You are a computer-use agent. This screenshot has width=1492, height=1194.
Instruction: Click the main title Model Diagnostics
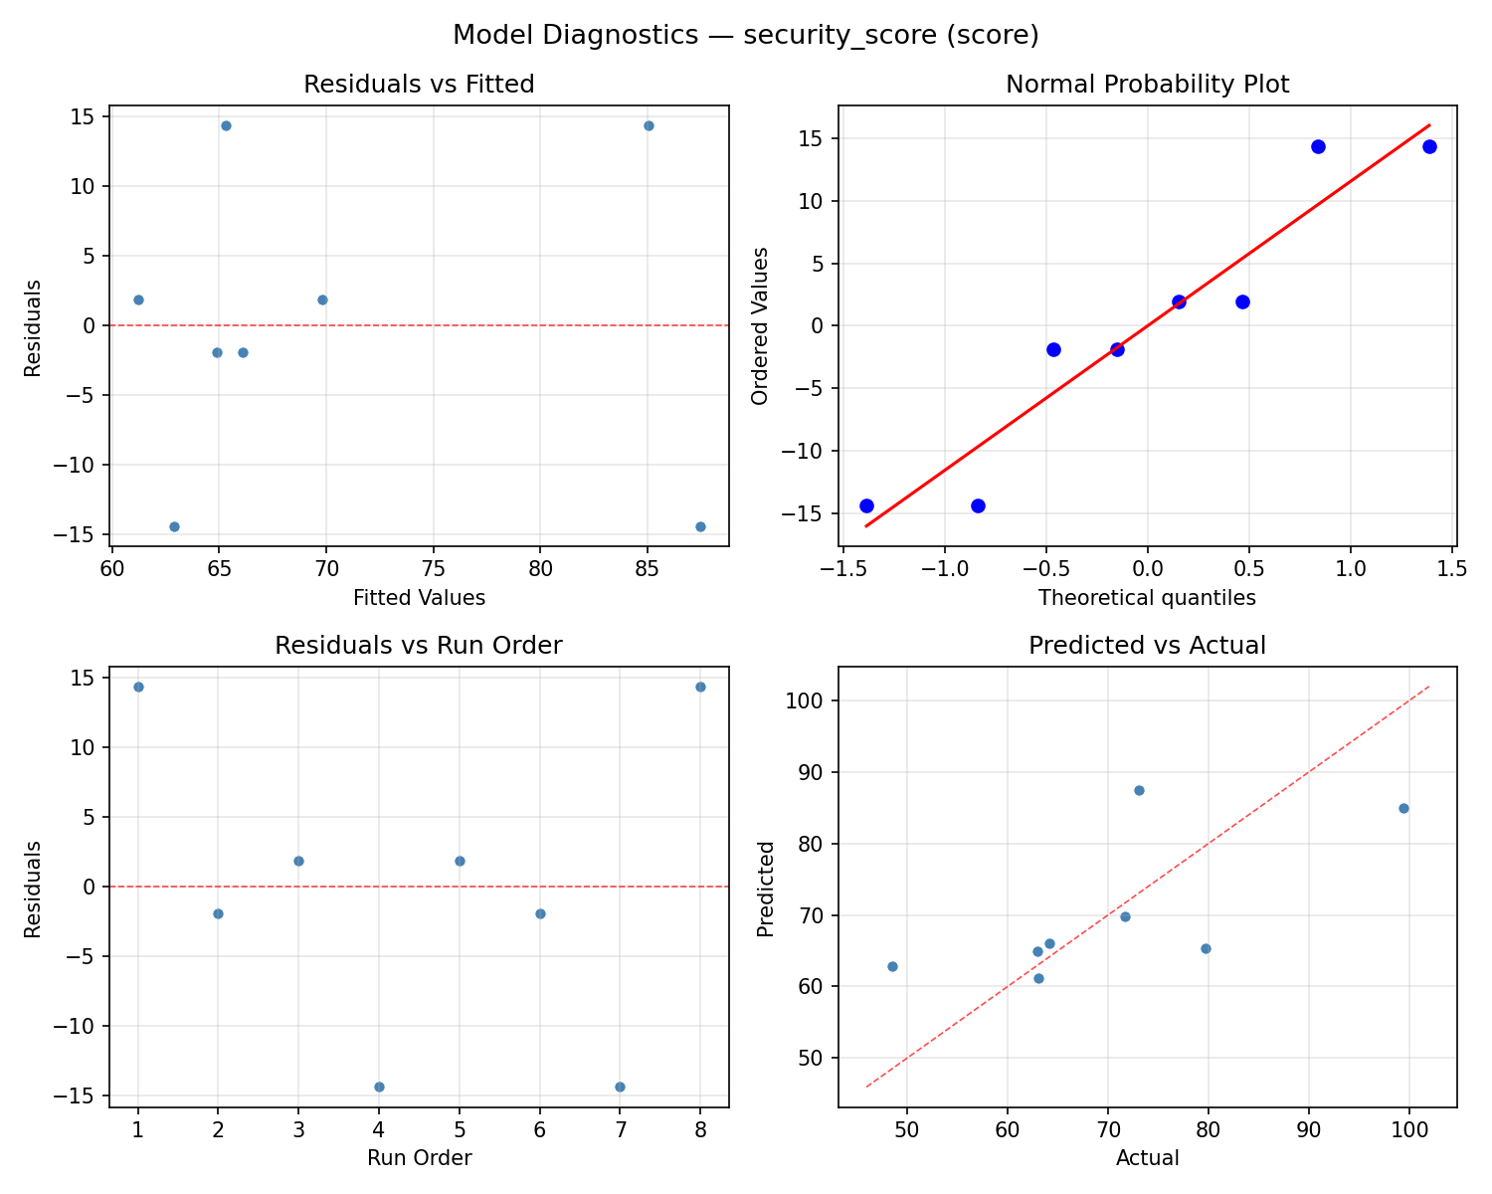pyautogui.click(x=745, y=35)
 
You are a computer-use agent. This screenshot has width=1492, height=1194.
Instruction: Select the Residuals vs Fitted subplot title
pyautogui.click(x=419, y=85)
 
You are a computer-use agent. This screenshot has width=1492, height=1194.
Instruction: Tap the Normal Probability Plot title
pyautogui.click(x=1147, y=85)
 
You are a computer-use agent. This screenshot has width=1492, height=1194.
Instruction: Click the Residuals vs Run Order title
pyautogui.click(x=419, y=646)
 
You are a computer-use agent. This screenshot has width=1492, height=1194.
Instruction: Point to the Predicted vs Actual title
pyautogui.click(x=1147, y=646)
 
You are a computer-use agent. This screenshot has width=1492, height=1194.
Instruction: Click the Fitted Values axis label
pyautogui.click(x=419, y=598)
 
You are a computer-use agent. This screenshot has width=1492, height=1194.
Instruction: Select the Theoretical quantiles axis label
pyautogui.click(x=1147, y=598)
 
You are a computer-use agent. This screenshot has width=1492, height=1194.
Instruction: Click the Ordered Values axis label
pyautogui.click(x=761, y=326)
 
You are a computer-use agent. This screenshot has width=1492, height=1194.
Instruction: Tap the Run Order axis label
pyautogui.click(x=419, y=1158)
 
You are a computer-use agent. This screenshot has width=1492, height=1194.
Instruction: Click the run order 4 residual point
pyautogui.click(x=379, y=1087)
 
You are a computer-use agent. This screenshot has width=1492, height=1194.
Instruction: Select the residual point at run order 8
pyautogui.click(x=700, y=687)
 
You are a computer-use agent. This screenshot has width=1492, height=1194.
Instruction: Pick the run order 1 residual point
pyautogui.click(x=138, y=687)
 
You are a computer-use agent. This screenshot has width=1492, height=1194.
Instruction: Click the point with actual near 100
pyautogui.click(x=1403, y=808)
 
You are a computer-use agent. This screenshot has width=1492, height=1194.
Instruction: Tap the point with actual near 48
pyautogui.click(x=892, y=966)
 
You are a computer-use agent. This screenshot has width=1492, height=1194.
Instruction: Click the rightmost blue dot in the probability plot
pyautogui.click(x=1429, y=146)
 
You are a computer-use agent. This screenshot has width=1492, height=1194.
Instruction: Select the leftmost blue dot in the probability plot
pyautogui.click(x=866, y=505)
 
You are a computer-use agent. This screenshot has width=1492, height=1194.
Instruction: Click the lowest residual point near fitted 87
pyautogui.click(x=700, y=526)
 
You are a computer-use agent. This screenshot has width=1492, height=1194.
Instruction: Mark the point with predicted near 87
pyautogui.click(x=1139, y=790)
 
